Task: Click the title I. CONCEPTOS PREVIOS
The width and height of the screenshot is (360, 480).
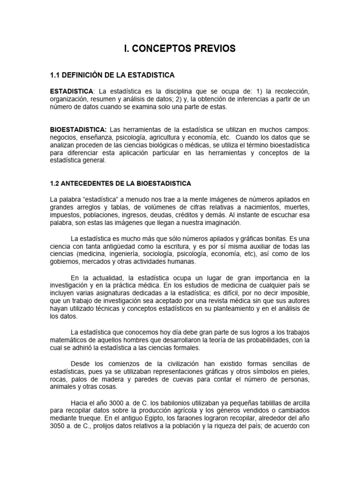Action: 180,49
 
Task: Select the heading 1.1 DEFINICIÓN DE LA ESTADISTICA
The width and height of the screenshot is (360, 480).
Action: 112,75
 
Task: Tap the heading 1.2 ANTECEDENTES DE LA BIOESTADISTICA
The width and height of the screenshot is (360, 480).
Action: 120,183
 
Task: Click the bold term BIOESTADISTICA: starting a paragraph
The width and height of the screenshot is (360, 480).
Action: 79,129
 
